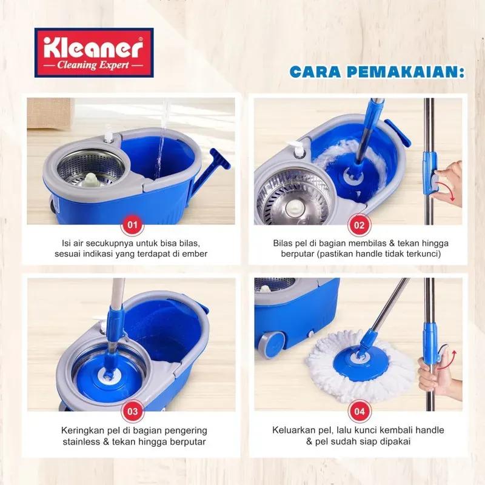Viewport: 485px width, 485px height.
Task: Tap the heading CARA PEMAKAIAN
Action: pos(376,72)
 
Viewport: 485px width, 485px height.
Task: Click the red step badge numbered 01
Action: pos(131,226)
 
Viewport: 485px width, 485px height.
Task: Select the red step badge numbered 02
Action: pos(359,226)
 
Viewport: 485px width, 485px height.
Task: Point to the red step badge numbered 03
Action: pos(131,411)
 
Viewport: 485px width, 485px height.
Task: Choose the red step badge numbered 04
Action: pos(359,411)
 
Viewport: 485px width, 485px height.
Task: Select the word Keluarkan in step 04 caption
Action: pos(290,430)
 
